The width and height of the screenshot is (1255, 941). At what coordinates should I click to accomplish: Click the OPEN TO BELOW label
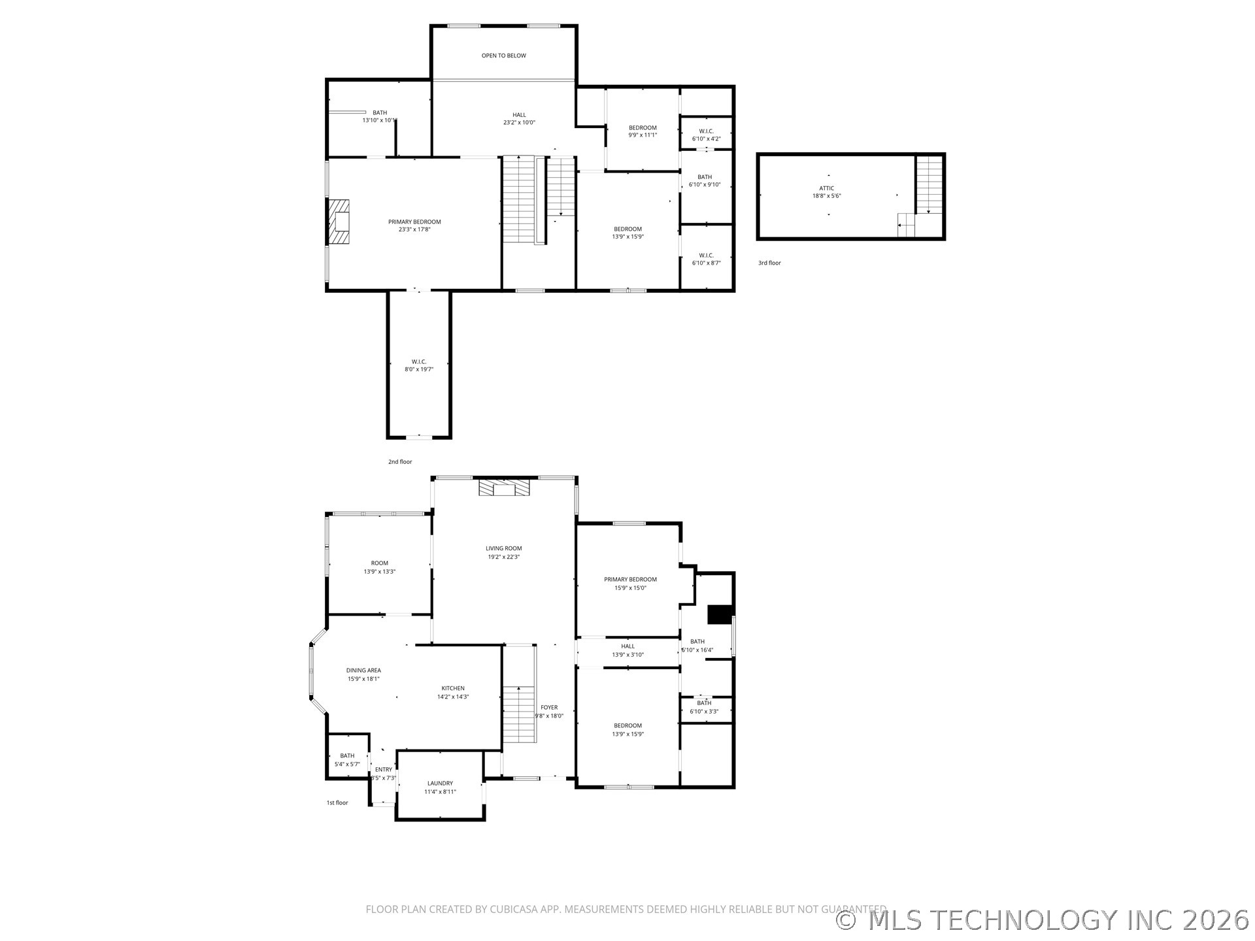pyautogui.click(x=503, y=56)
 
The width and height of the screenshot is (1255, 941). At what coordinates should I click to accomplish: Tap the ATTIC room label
pyautogui.click(x=826, y=188)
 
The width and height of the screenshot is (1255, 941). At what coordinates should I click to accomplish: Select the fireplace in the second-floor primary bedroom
pyautogui.click(x=339, y=222)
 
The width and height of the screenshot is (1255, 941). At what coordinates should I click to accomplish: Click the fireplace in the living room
pyautogui.click(x=504, y=488)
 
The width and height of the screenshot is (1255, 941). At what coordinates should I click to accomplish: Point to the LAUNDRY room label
pyautogui.click(x=440, y=783)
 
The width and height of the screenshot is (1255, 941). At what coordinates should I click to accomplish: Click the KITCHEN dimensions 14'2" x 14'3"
pyautogui.click(x=453, y=697)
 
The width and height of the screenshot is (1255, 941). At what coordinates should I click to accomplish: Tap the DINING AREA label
pyautogui.click(x=363, y=670)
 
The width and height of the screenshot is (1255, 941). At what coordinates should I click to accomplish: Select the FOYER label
pyautogui.click(x=549, y=707)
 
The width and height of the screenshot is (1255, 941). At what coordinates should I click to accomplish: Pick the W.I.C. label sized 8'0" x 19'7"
pyautogui.click(x=419, y=361)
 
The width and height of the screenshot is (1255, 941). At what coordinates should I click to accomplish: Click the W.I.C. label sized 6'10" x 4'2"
pyautogui.click(x=706, y=131)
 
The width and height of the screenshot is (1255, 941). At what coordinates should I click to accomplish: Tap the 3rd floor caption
pyautogui.click(x=769, y=263)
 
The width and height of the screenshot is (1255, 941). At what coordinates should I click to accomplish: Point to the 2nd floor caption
pyautogui.click(x=400, y=461)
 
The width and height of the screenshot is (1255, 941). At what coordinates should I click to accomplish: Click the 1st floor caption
pyautogui.click(x=337, y=802)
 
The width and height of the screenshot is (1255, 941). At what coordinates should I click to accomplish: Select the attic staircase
pyautogui.click(x=929, y=185)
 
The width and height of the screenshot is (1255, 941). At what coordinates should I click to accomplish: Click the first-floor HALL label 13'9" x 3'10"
pyautogui.click(x=627, y=646)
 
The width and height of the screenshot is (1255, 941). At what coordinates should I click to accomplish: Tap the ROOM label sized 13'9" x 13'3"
pyautogui.click(x=379, y=563)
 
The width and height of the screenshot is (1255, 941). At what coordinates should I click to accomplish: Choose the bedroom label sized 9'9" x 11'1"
pyautogui.click(x=643, y=127)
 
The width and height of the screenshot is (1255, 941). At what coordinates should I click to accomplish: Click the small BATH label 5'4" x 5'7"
pyautogui.click(x=347, y=755)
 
